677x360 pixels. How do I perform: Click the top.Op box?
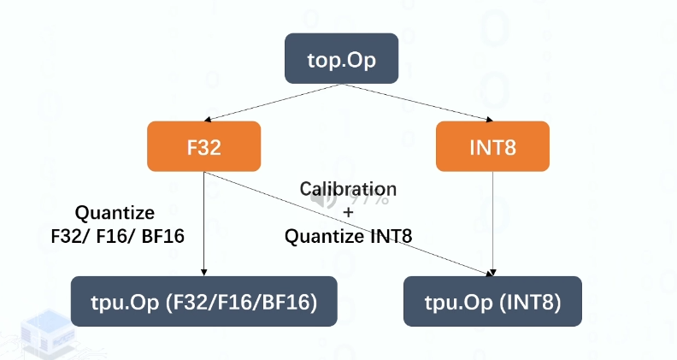(341, 59)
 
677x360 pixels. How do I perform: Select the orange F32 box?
(203, 146)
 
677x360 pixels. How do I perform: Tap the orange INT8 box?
(493, 146)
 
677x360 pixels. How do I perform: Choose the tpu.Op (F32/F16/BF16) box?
(203, 301)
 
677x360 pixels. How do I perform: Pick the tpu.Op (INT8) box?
(492, 301)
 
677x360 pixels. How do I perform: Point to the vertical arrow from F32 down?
(203, 222)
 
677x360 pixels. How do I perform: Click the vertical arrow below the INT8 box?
(493, 222)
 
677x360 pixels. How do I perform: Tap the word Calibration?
(347, 189)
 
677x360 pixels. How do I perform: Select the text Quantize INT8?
(348, 236)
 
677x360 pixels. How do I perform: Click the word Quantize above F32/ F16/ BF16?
(115, 212)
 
